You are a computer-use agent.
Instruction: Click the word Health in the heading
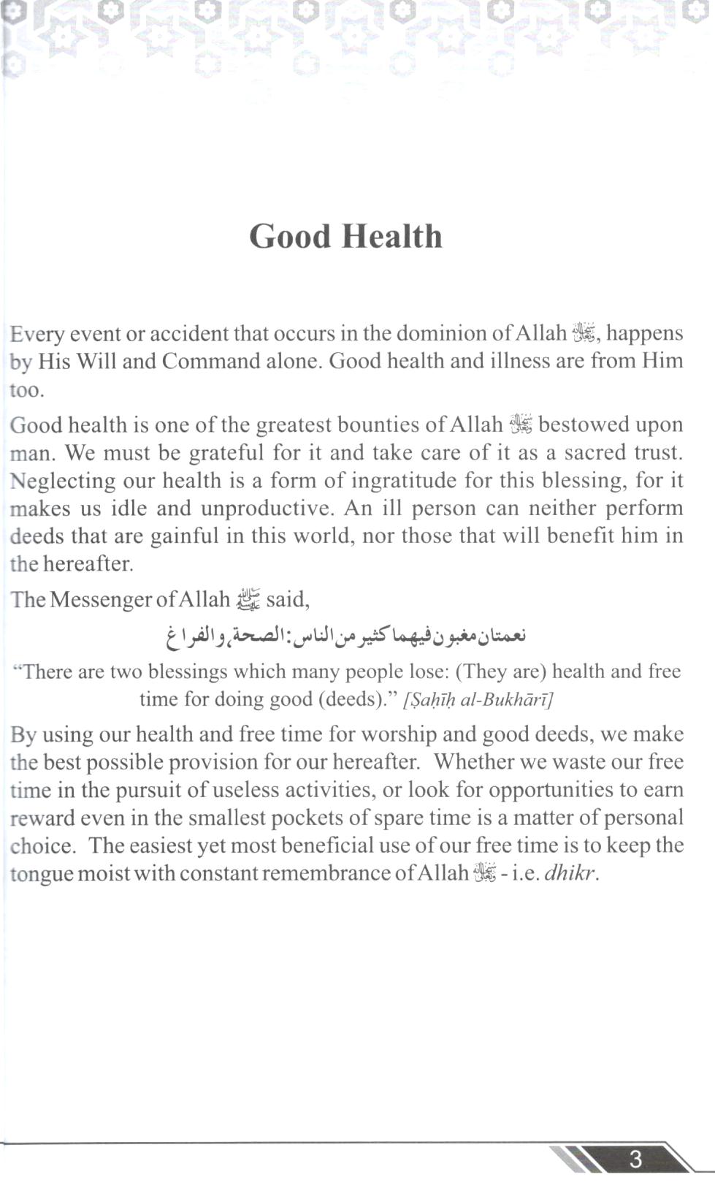click(x=392, y=237)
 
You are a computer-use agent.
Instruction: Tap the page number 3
click(x=635, y=1159)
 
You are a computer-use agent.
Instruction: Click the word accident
click(x=189, y=334)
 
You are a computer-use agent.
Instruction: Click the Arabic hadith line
click(x=345, y=636)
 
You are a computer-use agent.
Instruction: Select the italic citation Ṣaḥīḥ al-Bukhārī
click(x=478, y=700)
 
